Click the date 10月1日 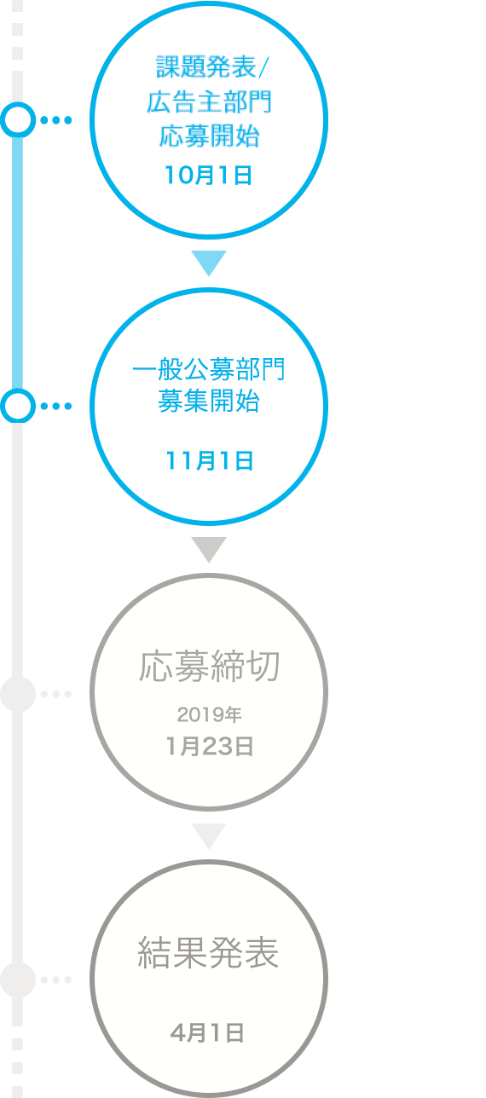208,176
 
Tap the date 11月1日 210,461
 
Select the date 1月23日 210,747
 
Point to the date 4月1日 207,1033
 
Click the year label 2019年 210,714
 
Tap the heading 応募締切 210,667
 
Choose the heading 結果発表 208,952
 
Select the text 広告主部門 209,102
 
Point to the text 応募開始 209,136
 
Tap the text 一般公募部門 209,369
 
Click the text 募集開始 209,401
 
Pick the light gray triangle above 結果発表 209,835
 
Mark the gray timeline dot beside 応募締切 18,694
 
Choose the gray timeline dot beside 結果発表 18,980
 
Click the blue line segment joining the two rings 18,263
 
